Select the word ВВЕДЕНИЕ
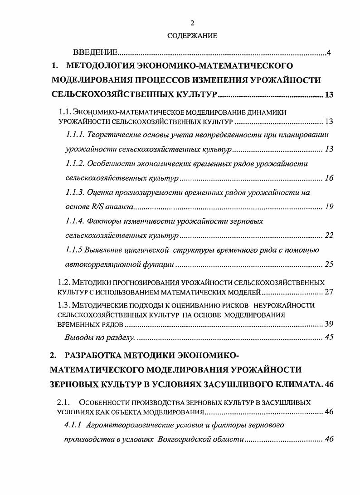(x=95, y=53)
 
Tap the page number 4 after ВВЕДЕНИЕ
(x=329, y=53)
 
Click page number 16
(x=329, y=178)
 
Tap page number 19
(x=329, y=207)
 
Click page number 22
(x=329, y=235)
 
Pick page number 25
(x=329, y=265)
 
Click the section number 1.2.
(x=66, y=282)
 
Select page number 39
(x=329, y=323)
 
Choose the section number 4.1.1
(x=75, y=426)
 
